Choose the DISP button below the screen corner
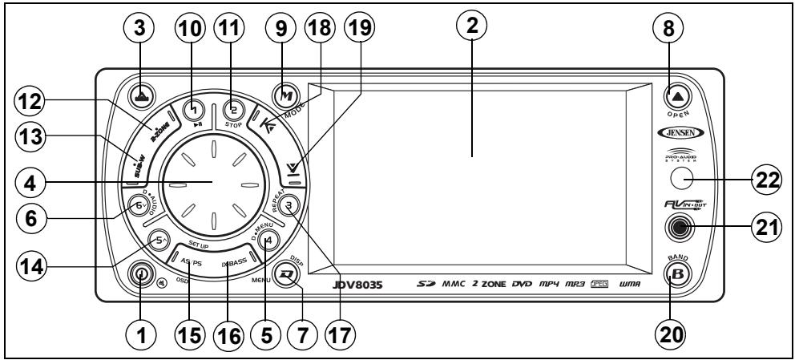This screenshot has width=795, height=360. tap(286, 274)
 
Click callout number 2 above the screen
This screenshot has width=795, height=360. tap(473, 28)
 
